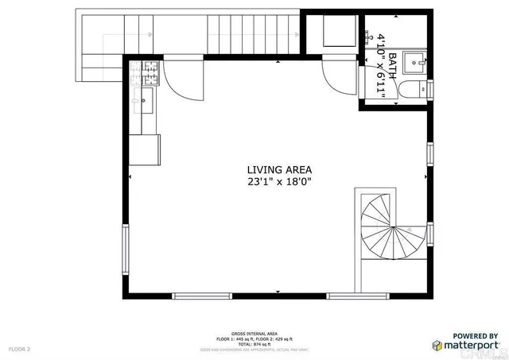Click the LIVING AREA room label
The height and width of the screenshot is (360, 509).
[x=279, y=169]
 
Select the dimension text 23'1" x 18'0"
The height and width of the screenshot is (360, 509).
[x=279, y=181]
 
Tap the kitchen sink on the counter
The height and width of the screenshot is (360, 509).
[x=148, y=99]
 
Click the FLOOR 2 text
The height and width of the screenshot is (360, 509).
[x=19, y=349]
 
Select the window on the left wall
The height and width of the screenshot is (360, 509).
[x=124, y=250]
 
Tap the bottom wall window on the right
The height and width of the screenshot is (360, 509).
[x=355, y=296]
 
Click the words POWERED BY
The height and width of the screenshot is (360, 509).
[x=476, y=335]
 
